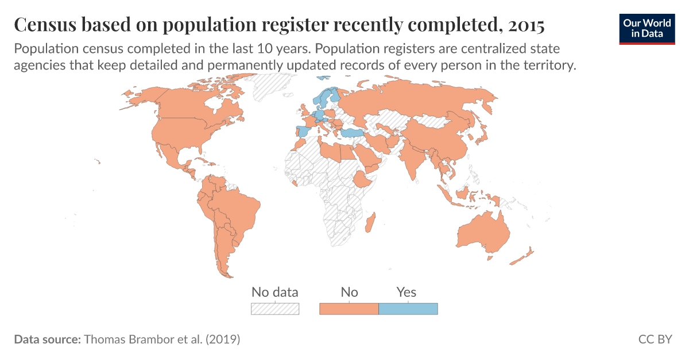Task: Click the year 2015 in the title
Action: pos(524,25)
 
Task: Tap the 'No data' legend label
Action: pos(275,292)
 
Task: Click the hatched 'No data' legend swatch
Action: pos(275,309)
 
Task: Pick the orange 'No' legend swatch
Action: pos(349,309)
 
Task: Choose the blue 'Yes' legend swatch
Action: pos(408,309)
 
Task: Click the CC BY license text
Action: pos(655,339)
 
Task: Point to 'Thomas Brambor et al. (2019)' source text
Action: pos(162,339)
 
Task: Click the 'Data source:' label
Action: pos(47,339)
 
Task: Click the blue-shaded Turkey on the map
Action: pos(353,134)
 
